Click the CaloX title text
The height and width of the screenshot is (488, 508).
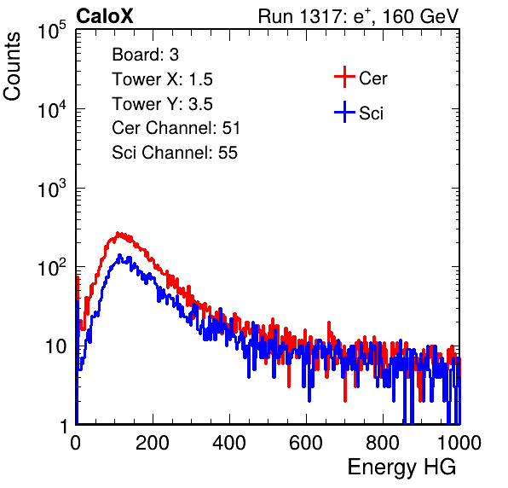click(104, 16)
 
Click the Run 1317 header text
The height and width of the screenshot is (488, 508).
click(358, 16)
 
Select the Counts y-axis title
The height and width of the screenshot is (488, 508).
click(12, 66)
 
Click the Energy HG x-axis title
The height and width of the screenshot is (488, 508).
click(401, 468)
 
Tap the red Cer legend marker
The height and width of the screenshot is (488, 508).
click(344, 77)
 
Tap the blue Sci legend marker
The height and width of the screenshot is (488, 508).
click(344, 112)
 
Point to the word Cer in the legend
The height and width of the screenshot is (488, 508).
click(372, 78)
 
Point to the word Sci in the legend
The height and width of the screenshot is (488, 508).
click(371, 113)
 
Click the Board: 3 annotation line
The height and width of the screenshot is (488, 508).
click(145, 55)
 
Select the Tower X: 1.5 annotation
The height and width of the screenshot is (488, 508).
click(162, 79)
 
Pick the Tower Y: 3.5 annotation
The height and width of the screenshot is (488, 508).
click(162, 104)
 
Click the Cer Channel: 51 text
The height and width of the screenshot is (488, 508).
click(176, 128)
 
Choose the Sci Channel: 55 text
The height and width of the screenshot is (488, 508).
click(175, 153)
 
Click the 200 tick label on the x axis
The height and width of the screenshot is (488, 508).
click(153, 443)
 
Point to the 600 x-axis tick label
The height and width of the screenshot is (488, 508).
click(306, 443)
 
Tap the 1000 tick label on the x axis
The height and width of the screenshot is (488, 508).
click(459, 443)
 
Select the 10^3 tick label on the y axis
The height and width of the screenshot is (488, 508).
click(52, 189)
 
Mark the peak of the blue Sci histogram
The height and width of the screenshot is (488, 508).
click(119, 255)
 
